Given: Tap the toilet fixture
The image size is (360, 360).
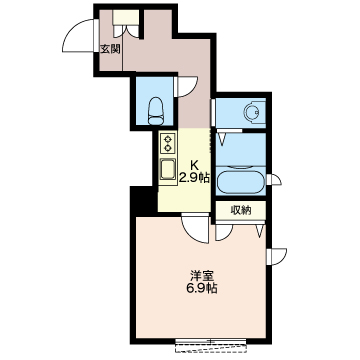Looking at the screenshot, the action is click(x=156, y=111).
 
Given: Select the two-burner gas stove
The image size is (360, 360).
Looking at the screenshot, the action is click(x=168, y=143).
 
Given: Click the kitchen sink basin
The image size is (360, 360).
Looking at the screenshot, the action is click(x=168, y=169).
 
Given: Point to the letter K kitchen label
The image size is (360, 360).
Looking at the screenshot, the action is click(x=194, y=165).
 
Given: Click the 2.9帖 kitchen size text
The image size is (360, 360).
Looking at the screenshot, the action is click(x=194, y=178).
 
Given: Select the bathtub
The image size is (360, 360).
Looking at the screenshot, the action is click(x=241, y=182).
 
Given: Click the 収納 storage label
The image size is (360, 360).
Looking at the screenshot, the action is click(x=241, y=211).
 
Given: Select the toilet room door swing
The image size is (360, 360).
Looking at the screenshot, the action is click(x=186, y=87).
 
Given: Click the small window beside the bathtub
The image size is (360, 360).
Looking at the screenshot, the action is click(x=274, y=180).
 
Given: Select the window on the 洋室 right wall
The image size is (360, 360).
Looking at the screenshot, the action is click(x=277, y=256).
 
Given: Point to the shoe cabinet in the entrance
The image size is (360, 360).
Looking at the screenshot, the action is click(x=126, y=17).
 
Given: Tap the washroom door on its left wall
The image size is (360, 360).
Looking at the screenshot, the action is click(x=213, y=113).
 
